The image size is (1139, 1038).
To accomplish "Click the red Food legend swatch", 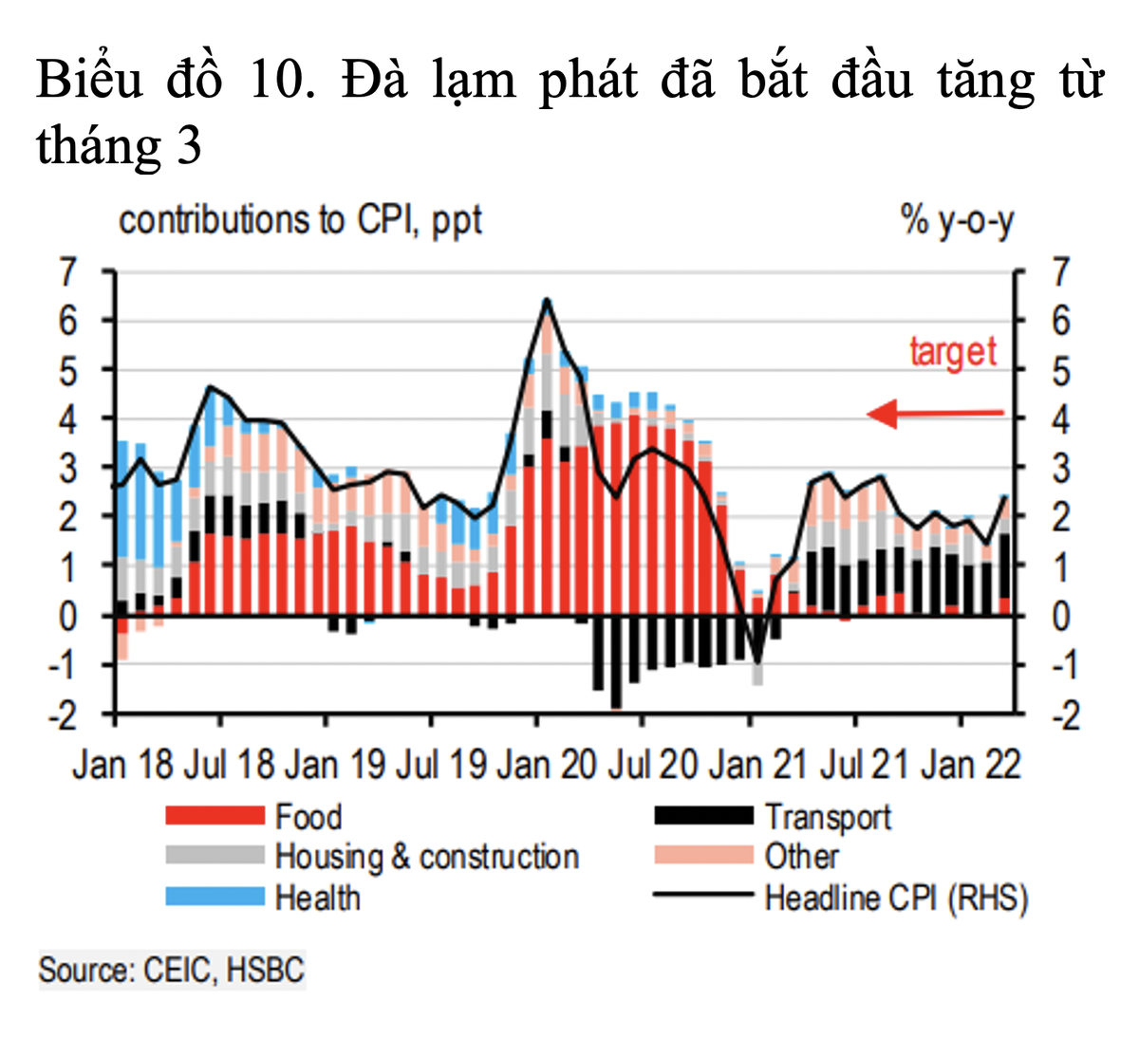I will [215, 815].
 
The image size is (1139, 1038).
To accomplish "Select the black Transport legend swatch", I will [703, 815].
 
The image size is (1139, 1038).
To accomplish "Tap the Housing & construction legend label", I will [427, 857].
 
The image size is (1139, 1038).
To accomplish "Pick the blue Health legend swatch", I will [215, 897].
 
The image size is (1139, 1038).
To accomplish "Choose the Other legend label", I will [802, 857].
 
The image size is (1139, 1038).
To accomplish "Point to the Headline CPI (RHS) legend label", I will [897, 898].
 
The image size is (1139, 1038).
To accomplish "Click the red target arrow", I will [935, 413].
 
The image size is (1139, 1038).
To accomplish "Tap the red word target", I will [953, 352].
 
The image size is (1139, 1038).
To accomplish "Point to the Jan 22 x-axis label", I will [971, 766].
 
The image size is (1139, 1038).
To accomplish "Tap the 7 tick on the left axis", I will [67, 273].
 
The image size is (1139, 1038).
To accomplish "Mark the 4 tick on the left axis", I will [67, 419].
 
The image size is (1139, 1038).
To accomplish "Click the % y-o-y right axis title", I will [957, 222].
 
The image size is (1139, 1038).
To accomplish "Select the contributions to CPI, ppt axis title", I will [300, 221].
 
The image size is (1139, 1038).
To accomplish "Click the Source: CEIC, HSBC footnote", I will [172, 970].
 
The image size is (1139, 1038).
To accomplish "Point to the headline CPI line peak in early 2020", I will [547, 302].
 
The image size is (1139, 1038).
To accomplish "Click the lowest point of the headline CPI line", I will [757, 662].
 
